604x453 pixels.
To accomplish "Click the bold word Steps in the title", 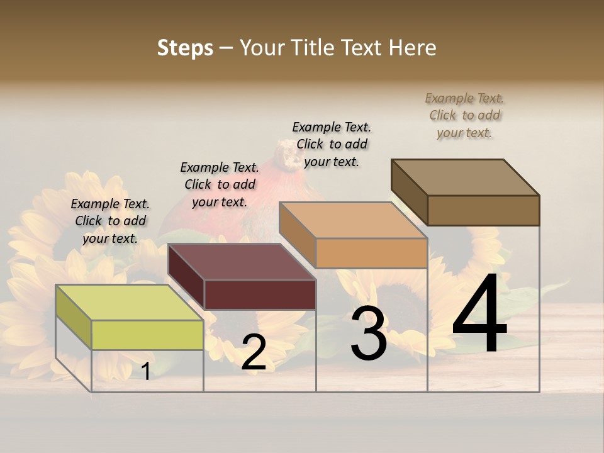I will (185, 48).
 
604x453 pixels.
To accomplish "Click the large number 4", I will (479, 315).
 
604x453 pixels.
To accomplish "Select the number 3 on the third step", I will (369, 333).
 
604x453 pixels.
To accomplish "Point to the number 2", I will (254, 352).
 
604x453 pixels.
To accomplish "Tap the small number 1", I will (146, 371).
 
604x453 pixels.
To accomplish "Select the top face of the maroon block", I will (241, 262).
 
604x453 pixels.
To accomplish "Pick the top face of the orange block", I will (352, 220).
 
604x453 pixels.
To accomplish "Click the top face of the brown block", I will (464, 177).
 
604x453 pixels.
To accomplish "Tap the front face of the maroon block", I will (260, 294).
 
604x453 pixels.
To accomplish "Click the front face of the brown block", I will (483, 210).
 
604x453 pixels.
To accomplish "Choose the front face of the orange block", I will (371, 253).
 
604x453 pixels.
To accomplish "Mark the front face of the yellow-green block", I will (147, 335).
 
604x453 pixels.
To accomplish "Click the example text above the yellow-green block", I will (110, 221).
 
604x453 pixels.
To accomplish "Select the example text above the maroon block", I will (220, 184).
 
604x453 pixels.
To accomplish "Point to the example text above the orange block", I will (332, 144).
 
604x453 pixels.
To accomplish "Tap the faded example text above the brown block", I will (464, 115).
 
